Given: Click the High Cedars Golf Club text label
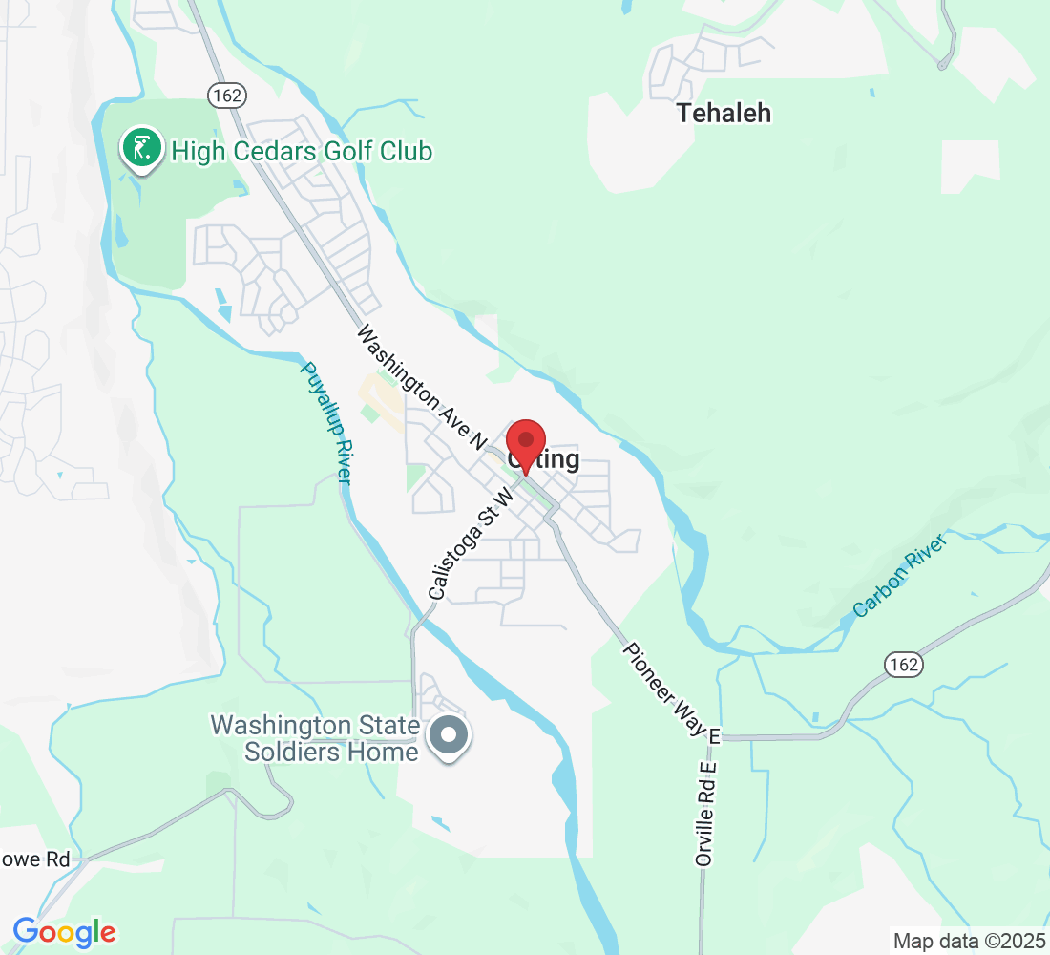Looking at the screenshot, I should [x=302, y=151].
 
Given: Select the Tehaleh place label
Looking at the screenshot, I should [x=724, y=113].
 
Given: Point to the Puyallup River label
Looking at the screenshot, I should [x=326, y=423].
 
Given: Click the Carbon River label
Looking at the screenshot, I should [x=900, y=575].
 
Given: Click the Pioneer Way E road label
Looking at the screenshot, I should [x=673, y=692].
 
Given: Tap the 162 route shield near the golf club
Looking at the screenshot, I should [x=226, y=95].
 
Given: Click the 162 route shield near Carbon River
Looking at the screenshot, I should [x=902, y=665].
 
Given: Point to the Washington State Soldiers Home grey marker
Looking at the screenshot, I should [x=449, y=736].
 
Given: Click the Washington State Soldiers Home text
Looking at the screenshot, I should [x=315, y=738].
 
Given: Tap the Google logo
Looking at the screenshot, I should [x=65, y=932].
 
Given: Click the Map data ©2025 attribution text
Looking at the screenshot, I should [x=968, y=941].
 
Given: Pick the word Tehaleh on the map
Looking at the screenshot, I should [x=724, y=113].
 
